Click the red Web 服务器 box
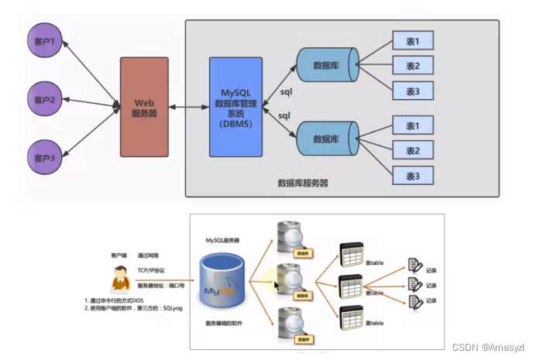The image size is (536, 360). [x=144, y=108]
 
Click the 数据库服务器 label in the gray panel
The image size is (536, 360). [x=303, y=183]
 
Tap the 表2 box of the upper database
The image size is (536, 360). [x=412, y=65]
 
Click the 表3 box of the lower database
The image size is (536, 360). [x=412, y=177]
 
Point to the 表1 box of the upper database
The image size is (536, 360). [x=412, y=40]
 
